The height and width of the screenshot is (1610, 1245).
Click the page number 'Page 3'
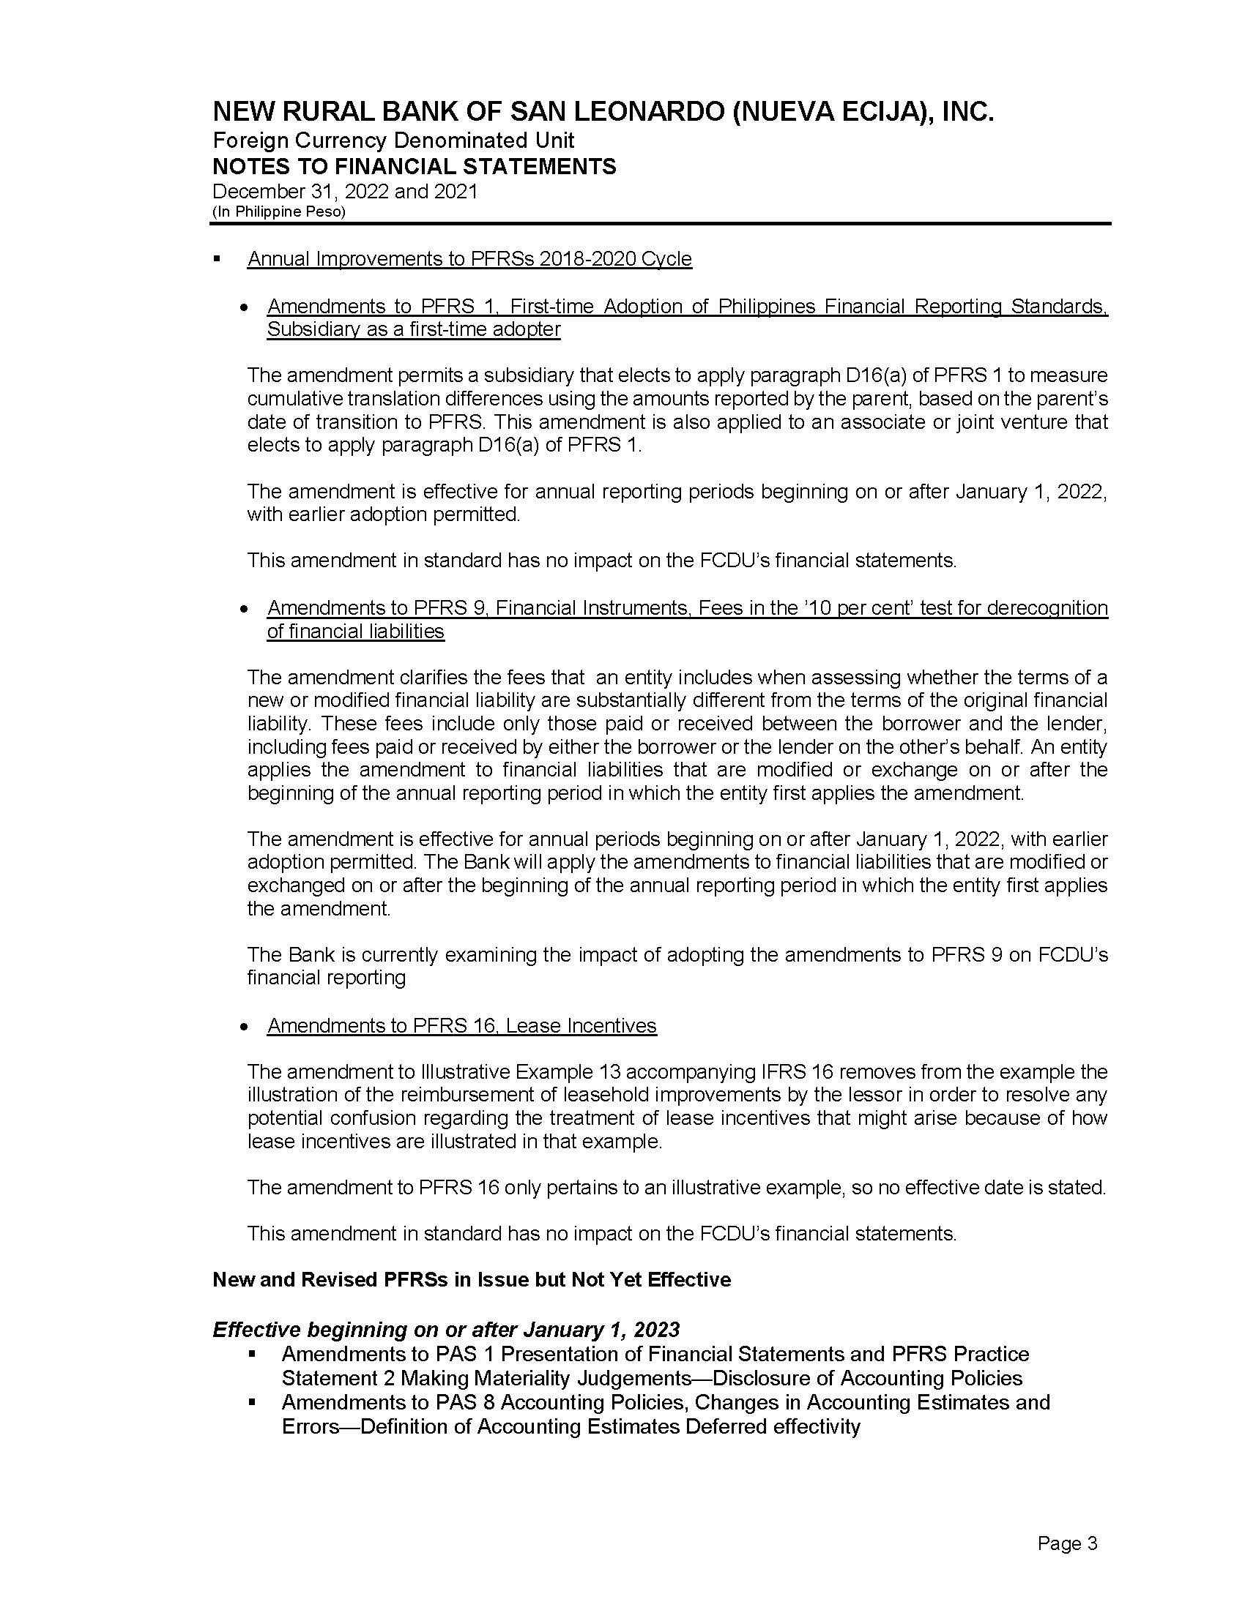tap(1067, 1543)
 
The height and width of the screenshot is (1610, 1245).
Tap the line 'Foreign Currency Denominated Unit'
tap(393, 140)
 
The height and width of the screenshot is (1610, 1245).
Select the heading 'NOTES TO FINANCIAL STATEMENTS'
tap(414, 167)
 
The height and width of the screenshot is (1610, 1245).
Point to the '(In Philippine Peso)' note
tap(279, 211)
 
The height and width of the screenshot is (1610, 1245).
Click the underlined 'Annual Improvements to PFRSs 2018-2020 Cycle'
tap(469, 259)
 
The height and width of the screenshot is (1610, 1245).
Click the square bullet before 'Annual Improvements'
tap(217, 259)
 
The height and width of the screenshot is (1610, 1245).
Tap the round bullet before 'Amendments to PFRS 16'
tap(243, 1026)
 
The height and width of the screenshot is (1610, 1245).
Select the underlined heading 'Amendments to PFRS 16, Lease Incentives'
tap(461, 1025)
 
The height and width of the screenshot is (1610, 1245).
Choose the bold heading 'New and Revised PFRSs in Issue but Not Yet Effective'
tap(472, 1279)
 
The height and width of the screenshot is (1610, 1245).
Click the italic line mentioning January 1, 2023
tap(445, 1329)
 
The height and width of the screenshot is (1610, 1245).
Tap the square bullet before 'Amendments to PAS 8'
tap(253, 1402)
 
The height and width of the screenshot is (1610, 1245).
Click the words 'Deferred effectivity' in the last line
tap(772, 1426)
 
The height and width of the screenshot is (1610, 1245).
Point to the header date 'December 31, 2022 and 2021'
tap(345, 192)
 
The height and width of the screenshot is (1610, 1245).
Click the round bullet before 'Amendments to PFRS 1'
tap(243, 307)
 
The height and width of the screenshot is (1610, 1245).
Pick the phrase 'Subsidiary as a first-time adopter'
tap(414, 329)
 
